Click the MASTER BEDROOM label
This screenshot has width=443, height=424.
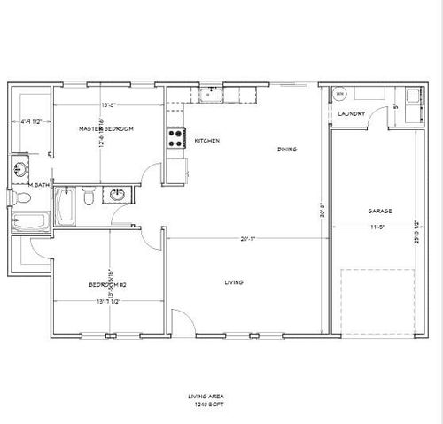tap(105, 129)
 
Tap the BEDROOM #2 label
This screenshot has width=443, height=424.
tap(109, 284)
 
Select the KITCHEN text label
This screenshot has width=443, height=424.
tap(207, 141)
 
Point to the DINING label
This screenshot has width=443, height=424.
tap(286, 150)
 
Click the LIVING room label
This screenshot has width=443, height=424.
tap(234, 282)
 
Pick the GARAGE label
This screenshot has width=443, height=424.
tap(380, 211)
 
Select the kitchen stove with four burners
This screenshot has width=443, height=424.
tap(175, 138)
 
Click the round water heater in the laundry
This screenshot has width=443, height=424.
tap(340, 94)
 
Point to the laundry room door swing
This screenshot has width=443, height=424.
tap(379, 116)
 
